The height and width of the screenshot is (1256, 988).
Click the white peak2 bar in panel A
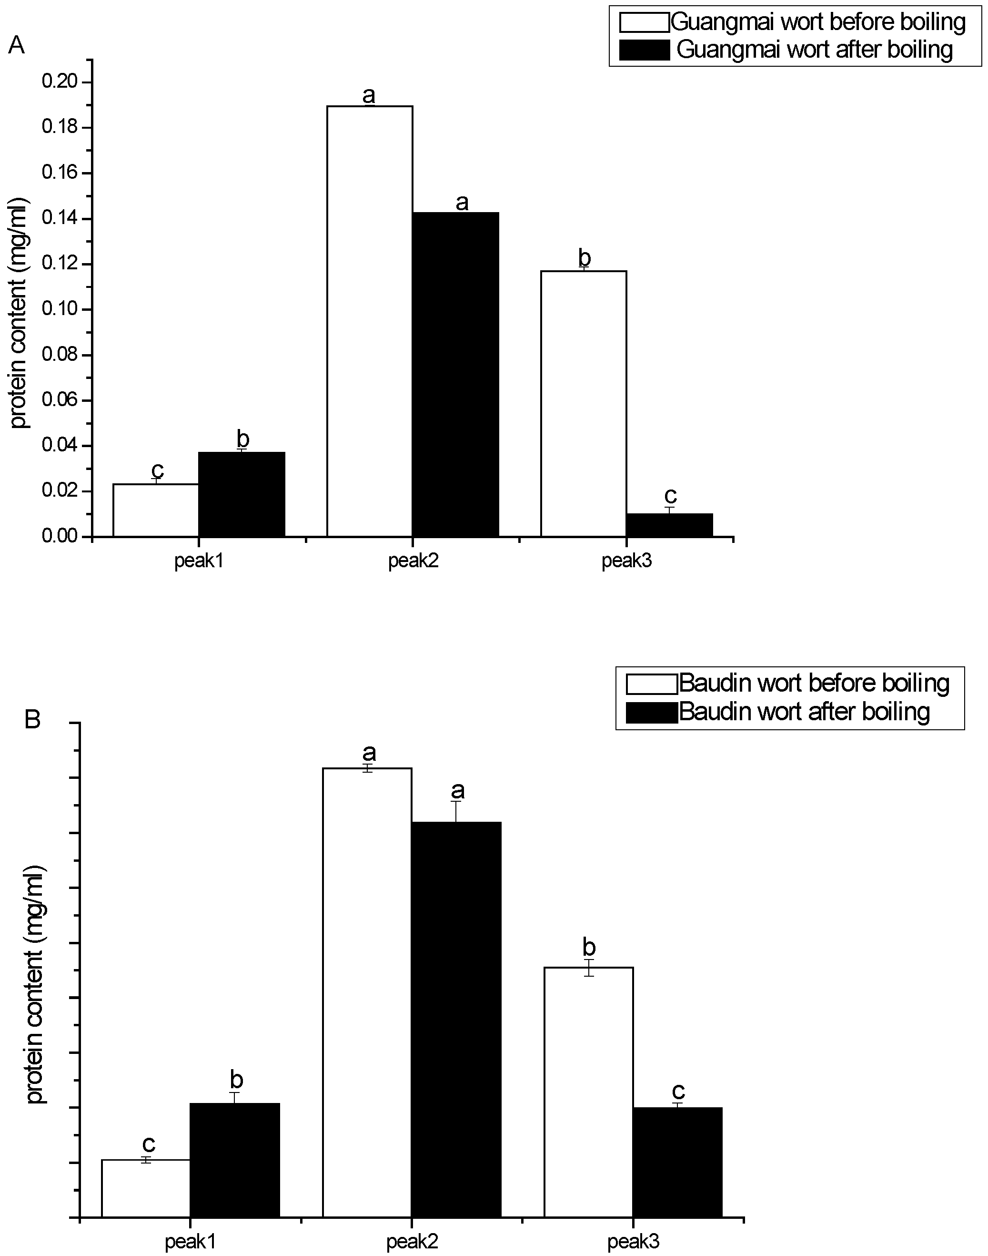(x=370, y=321)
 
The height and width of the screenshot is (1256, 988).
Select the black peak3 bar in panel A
(x=669, y=525)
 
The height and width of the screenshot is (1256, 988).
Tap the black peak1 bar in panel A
(x=242, y=494)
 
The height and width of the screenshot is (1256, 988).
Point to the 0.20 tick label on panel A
(x=59, y=82)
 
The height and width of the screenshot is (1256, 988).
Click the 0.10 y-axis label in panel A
(x=59, y=309)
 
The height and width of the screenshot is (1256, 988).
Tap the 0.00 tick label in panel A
(x=59, y=537)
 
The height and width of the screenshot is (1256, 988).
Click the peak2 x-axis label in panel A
(x=413, y=562)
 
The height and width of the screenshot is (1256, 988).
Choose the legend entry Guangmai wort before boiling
(x=818, y=22)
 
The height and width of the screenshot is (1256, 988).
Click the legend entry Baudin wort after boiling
(x=804, y=711)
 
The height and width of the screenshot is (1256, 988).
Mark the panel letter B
(x=32, y=720)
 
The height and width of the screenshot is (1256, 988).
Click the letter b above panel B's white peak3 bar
(x=589, y=947)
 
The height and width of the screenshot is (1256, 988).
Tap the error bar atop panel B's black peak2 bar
(x=456, y=811)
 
